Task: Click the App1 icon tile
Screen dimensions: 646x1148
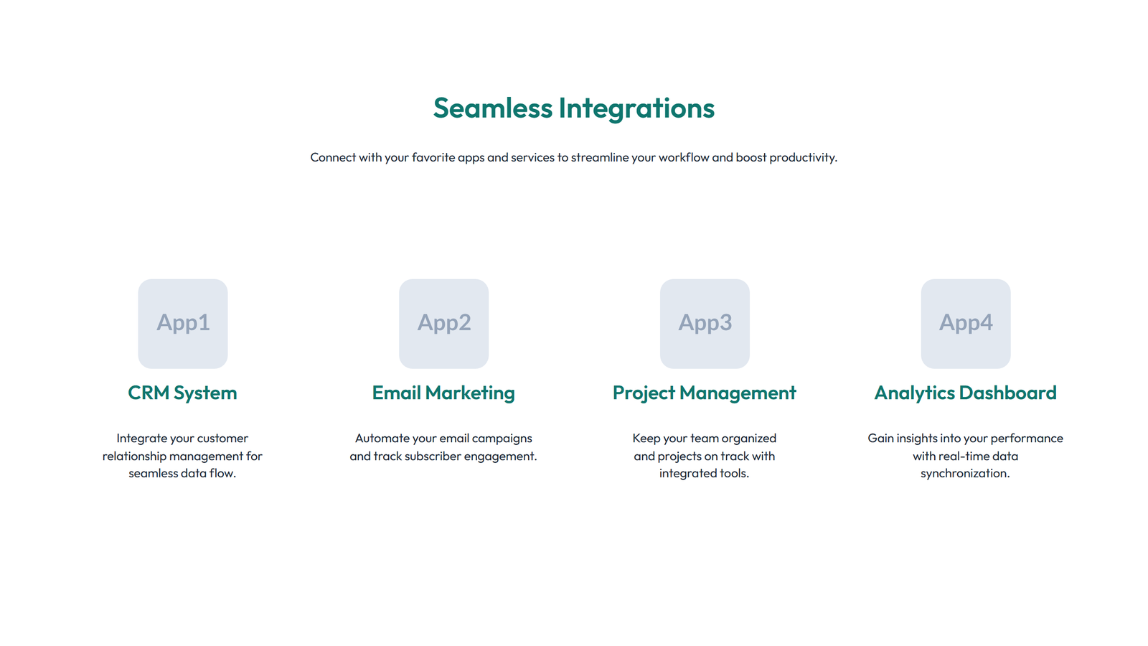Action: [183, 324]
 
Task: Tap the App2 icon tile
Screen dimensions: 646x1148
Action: [443, 324]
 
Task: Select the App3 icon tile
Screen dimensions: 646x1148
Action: [705, 324]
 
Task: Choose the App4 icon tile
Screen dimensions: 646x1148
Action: [965, 324]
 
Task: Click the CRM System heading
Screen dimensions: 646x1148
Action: [182, 393]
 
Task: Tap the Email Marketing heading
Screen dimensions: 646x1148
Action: [443, 393]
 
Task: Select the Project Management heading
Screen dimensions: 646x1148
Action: [704, 393]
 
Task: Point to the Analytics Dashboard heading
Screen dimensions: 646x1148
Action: [965, 393]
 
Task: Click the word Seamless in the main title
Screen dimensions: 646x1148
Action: [492, 108]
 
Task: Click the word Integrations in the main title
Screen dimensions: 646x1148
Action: [636, 108]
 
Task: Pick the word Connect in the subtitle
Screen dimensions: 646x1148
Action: [333, 157]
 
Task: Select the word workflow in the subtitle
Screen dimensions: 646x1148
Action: [684, 157]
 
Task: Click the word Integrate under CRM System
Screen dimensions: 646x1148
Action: [141, 439]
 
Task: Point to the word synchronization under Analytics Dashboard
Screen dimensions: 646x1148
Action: [965, 474]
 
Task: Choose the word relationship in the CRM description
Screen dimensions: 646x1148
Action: [133, 457]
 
